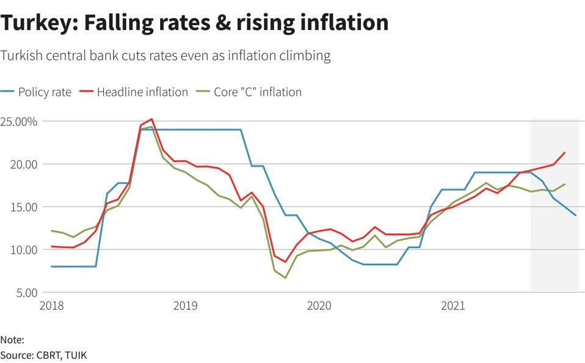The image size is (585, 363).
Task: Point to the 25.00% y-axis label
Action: (19, 122)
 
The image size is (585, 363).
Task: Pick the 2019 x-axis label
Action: (184, 305)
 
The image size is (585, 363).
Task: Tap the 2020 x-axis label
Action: (319, 305)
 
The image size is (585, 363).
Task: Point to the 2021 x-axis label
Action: (452, 305)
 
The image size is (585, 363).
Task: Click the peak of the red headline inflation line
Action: (151, 119)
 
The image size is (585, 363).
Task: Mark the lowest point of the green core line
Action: (285, 278)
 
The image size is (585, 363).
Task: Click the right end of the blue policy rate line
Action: (575, 215)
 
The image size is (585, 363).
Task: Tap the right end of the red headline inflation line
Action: (564, 153)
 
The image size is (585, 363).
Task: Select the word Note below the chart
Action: (12, 340)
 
